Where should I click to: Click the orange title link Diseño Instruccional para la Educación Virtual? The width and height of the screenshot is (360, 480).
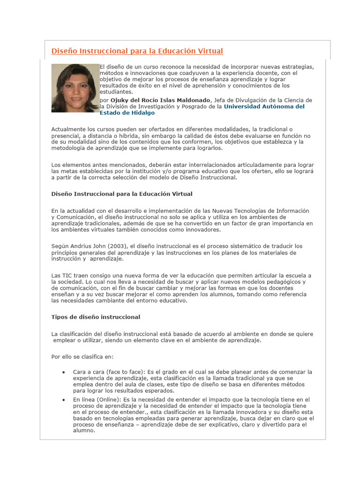[137, 51]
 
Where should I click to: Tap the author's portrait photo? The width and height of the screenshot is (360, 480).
[75, 88]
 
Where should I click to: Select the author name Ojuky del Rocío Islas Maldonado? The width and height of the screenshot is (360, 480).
[161, 100]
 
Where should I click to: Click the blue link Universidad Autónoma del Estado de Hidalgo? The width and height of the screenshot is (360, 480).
[264, 106]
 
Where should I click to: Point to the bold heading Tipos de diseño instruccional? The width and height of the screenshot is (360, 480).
[95, 317]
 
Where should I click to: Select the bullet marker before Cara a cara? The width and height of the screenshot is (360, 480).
[63, 372]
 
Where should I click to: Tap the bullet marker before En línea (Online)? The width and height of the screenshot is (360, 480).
[63, 399]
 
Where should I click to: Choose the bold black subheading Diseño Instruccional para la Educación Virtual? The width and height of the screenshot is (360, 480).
[121, 194]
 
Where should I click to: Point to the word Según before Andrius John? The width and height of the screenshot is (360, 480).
[60, 247]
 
